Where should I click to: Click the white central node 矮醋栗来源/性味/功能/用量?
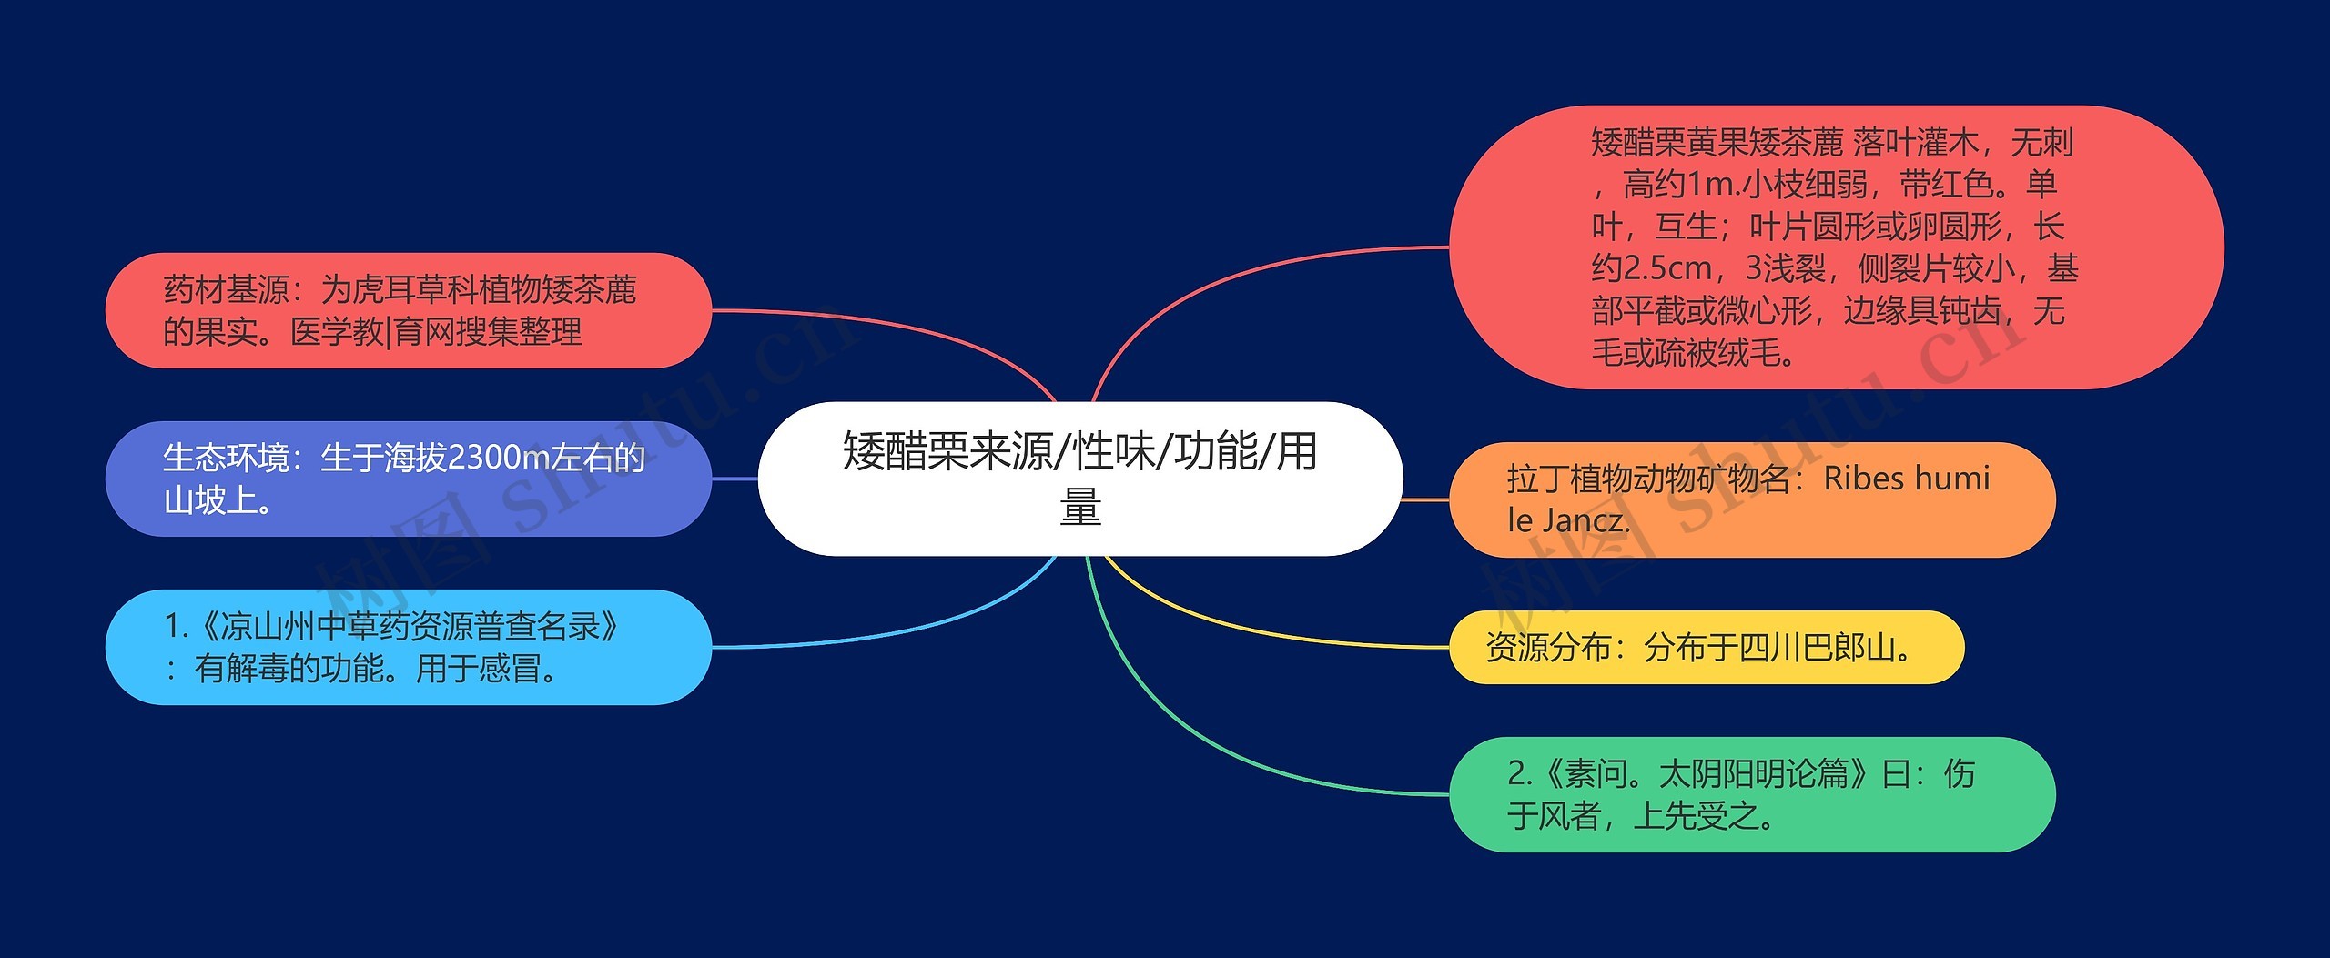tap(1079, 479)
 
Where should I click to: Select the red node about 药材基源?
tap(408, 310)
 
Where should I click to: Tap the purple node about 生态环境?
tap(408, 479)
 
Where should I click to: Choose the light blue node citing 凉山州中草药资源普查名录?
tap(408, 647)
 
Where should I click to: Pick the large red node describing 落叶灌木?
tap(1835, 247)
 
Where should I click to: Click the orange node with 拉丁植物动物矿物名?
tap(1751, 499)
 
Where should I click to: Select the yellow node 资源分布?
tap(1706, 647)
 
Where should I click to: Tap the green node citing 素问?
tap(1751, 794)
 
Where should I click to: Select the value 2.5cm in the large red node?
tap(1651, 268)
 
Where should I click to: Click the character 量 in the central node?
tap(1080, 507)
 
